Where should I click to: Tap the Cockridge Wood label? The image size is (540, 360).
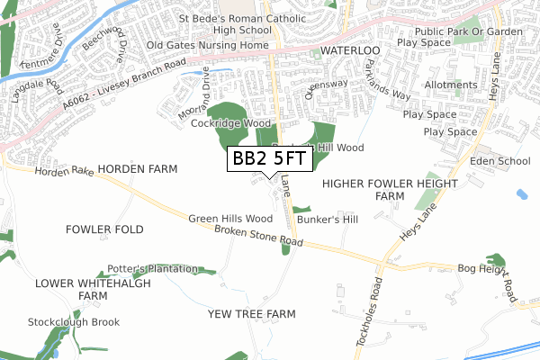tap(232, 122)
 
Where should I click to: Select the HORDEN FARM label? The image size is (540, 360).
tap(138, 168)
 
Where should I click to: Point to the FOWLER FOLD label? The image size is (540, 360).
tap(104, 229)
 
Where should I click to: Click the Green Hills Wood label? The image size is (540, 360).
tap(230, 219)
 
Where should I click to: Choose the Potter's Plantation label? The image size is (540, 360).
tap(153, 268)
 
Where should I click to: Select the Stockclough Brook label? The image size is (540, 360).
tap(74, 321)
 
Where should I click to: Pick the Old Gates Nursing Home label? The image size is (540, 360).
tap(208, 45)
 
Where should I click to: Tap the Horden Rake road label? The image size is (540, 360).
tap(65, 171)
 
